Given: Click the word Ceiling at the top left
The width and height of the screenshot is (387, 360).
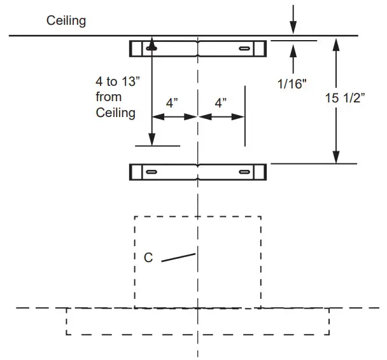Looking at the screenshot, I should (x=66, y=21).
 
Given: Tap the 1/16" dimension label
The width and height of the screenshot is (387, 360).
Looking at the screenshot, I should (x=293, y=83).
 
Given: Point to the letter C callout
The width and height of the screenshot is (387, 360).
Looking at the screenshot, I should (x=148, y=258).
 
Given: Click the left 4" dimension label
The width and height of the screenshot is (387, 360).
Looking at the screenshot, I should (x=172, y=102).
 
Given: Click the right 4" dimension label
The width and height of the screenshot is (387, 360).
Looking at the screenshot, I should (x=221, y=102).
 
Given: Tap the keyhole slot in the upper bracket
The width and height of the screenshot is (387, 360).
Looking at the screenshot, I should (x=152, y=47).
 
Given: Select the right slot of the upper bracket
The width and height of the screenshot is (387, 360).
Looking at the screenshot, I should (x=244, y=48).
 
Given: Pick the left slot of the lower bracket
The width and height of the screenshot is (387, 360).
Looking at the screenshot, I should (x=152, y=172).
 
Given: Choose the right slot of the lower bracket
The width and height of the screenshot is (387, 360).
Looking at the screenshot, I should (x=244, y=172).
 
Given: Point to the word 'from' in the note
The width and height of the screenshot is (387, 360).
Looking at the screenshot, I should (x=108, y=97).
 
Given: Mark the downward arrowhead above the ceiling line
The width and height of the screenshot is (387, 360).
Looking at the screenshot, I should (x=293, y=27).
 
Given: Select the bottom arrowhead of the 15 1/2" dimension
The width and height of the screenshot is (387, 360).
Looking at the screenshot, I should (x=337, y=158).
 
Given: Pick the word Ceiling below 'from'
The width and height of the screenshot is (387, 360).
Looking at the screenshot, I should (x=115, y=113).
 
